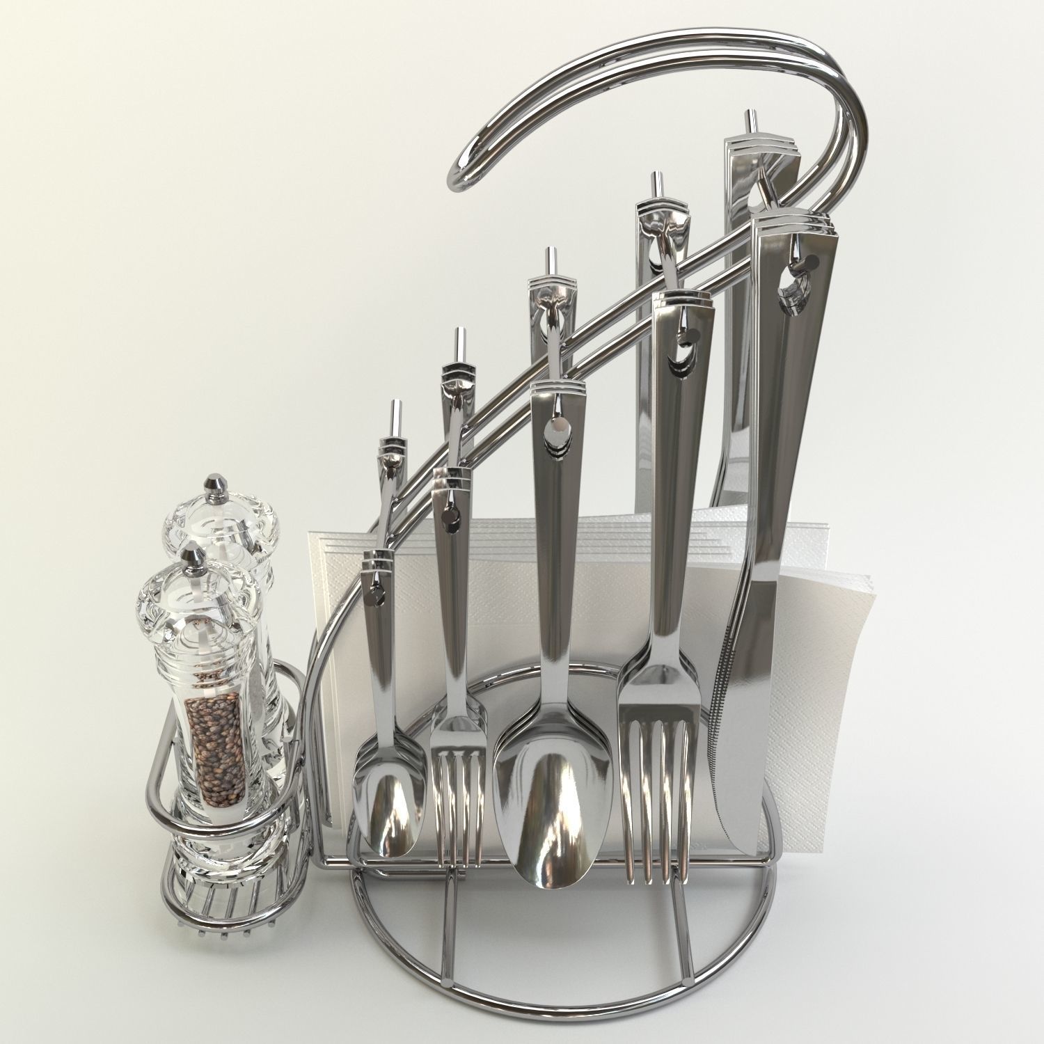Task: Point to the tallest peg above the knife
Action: [x=750, y=122]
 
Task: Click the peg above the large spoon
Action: [x=551, y=261]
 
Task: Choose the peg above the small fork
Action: [x=459, y=344]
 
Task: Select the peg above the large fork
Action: [x=655, y=185]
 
